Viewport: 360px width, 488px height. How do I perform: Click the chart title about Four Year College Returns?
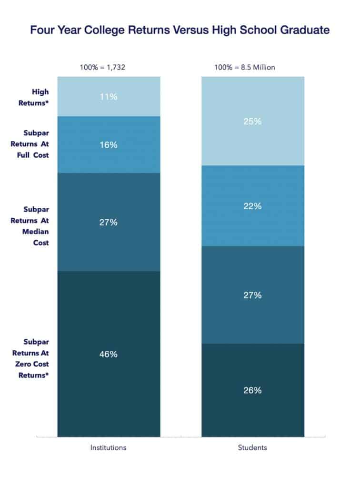click(x=180, y=31)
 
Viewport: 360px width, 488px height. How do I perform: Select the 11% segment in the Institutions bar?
click(x=109, y=96)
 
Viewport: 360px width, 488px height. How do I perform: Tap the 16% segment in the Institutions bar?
click(x=109, y=145)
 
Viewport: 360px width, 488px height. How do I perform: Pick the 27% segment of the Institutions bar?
click(x=109, y=222)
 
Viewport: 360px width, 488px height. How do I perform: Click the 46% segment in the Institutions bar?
click(x=109, y=354)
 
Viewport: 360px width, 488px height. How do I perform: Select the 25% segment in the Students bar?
click(x=252, y=121)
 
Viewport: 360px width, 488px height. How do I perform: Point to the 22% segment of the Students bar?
click(x=252, y=206)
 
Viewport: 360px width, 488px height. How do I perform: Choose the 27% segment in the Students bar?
click(x=252, y=295)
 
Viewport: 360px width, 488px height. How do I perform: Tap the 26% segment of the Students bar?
click(x=252, y=390)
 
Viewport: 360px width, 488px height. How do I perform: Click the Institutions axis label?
click(x=109, y=448)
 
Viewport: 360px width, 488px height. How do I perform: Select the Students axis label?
click(x=252, y=448)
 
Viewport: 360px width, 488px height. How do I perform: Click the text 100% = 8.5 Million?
click(x=245, y=67)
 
